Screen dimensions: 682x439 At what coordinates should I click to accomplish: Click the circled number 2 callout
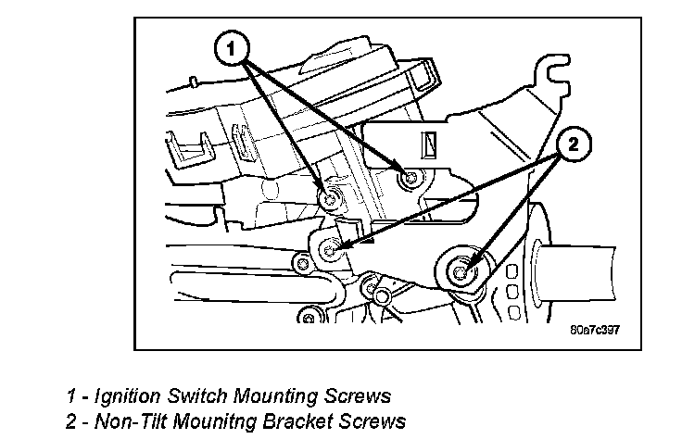[x=572, y=144]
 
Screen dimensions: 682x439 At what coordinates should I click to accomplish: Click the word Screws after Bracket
[x=366, y=421]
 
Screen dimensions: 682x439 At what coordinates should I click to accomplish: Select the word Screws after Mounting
[x=357, y=396]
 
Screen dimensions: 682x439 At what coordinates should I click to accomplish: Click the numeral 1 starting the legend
[x=70, y=396]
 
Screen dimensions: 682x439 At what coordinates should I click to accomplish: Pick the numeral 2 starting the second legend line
[x=70, y=421]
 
